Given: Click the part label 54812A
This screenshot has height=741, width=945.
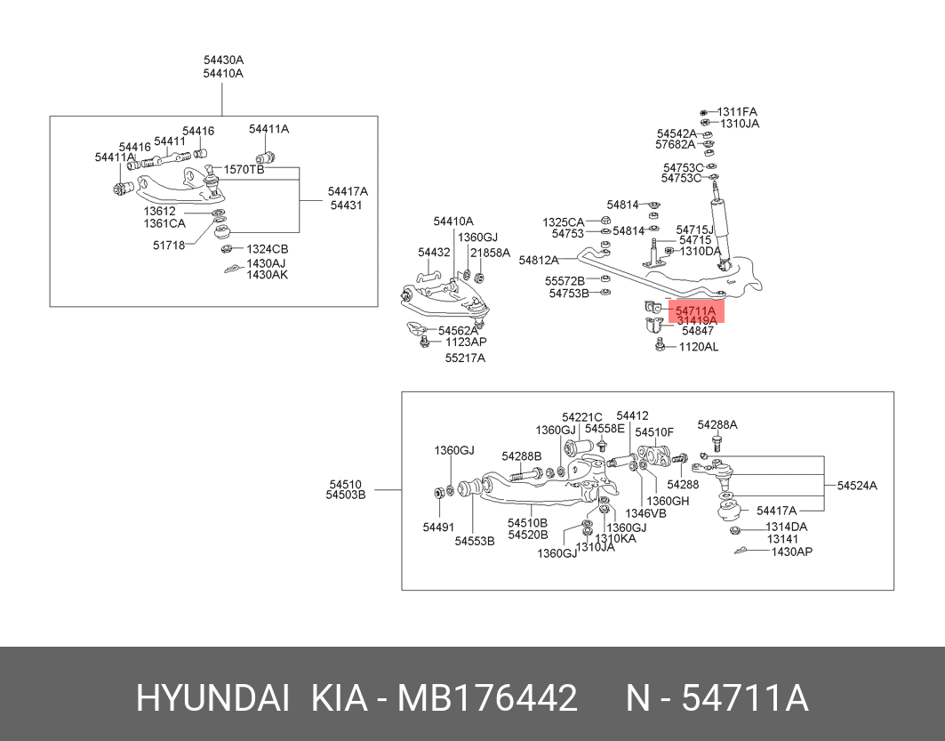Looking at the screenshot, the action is [538, 261].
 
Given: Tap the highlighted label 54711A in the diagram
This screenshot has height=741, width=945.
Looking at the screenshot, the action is [695, 311].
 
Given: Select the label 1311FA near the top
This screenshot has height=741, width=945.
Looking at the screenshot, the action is [737, 111].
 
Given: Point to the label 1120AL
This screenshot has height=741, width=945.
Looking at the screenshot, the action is [699, 347].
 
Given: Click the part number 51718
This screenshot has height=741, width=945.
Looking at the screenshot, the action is [169, 246].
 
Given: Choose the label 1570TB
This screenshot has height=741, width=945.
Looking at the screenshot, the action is [244, 169].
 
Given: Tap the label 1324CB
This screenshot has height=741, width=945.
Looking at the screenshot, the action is [267, 249].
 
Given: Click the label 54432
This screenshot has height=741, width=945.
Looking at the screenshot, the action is [434, 252].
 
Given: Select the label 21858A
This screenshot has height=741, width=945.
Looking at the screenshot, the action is [490, 253].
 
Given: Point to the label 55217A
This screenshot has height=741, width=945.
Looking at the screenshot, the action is [465, 358].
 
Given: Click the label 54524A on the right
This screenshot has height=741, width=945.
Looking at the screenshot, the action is [857, 486].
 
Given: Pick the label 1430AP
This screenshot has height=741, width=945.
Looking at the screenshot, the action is [792, 551].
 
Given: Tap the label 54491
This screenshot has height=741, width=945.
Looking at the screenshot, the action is [439, 527].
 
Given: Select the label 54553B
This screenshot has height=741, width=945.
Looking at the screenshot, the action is [475, 541].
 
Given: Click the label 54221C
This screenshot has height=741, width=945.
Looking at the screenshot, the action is [582, 417].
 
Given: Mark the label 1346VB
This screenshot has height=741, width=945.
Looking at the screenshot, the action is [646, 513].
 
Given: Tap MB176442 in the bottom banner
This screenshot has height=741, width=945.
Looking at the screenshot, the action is [487, 699].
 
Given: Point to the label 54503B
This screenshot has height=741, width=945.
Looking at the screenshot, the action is [345, 495].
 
